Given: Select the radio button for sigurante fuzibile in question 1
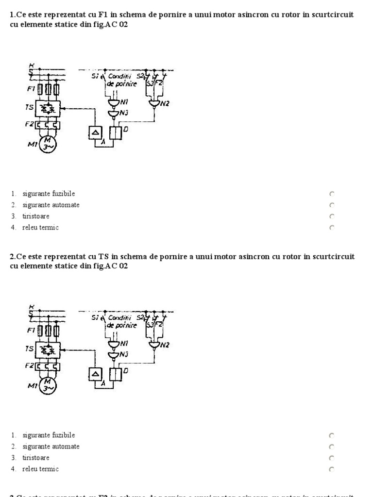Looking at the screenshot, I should [332, 194].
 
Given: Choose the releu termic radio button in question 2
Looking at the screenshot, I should [332, 469].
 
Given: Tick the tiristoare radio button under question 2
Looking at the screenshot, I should [332, 458].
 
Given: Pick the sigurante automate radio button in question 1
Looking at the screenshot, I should [332, 205].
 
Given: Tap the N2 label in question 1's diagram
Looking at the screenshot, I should [165, 103].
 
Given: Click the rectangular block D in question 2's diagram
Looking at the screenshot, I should [115, 374].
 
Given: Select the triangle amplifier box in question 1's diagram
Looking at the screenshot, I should [95, 133].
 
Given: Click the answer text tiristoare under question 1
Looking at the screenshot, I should [35, 216].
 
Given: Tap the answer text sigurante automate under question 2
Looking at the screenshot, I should [51, 447].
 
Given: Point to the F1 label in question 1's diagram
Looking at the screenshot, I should [32, 89].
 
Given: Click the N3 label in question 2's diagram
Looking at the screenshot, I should [124, 354].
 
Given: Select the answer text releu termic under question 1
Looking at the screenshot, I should [40, 227].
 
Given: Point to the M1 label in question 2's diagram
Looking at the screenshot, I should [33, 386].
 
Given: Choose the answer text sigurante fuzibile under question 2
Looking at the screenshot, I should [49, 435].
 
